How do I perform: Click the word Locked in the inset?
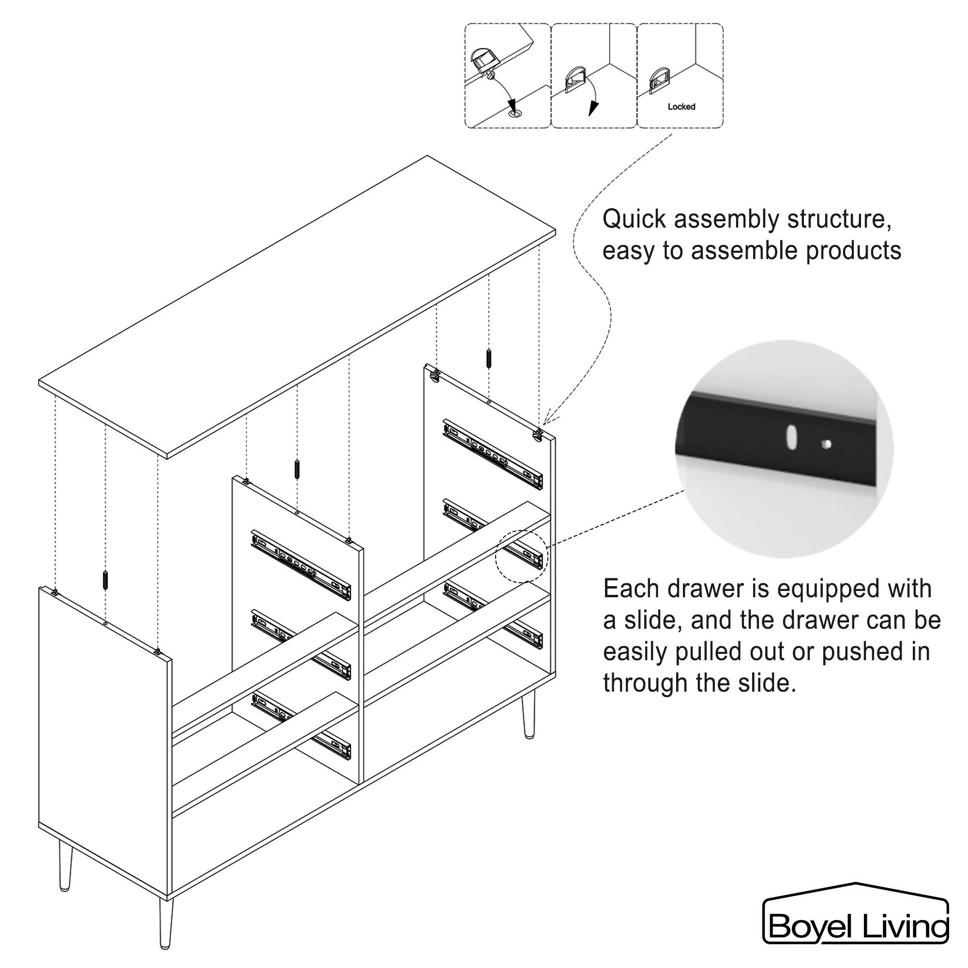click(x=681, y=106)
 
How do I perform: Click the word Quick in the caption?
click(x=635, y=220)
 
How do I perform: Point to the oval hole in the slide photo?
click(x=792, y=438)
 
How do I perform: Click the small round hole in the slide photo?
click(x=827, y=444)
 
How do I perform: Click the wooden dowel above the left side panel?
click(x=105, y=580)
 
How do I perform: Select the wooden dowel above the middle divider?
click(x=297, y=469)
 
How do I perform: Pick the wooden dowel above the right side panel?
click(x=488, y=358)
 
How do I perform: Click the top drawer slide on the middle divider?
click(x=301, y=565)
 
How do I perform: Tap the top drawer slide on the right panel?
click(x=493, y=454)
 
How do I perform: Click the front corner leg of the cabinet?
click(x=166, y=923)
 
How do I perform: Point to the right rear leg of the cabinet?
click(x=528, y=713)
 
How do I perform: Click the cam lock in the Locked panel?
click(x=659, y=81)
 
